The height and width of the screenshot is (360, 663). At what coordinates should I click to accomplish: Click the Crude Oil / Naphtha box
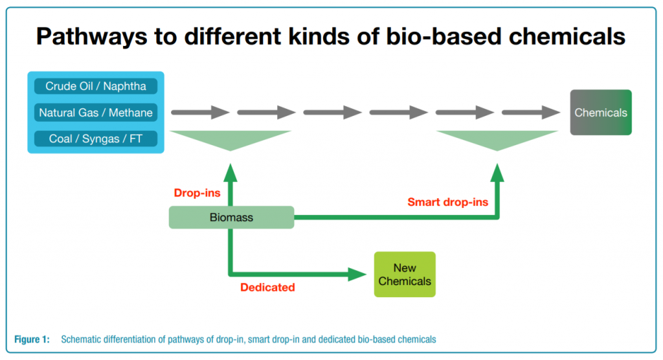coord(96,86)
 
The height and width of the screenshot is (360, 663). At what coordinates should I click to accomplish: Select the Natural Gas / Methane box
coord(96,113)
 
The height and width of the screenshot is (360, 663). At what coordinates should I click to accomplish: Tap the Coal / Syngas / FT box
coord(96,139)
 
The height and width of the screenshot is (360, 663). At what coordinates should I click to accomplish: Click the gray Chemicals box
coord(600,113)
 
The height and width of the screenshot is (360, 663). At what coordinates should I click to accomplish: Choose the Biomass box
coord(231,218)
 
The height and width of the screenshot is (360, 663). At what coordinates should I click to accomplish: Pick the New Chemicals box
coord(405,275)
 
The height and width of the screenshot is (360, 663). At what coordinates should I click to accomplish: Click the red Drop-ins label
coord(197,193)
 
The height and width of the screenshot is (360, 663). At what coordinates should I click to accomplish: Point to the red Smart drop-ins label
coord(447,202)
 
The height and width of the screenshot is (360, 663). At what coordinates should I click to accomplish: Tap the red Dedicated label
coord(267,287)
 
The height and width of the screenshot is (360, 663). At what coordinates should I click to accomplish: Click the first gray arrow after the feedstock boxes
coord(200,113)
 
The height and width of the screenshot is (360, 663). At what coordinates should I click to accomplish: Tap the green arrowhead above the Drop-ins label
coord(230,172)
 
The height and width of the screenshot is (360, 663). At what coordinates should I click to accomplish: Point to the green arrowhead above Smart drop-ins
coord(497,172)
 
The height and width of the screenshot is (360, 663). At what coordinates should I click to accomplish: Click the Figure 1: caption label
coord(32,339)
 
